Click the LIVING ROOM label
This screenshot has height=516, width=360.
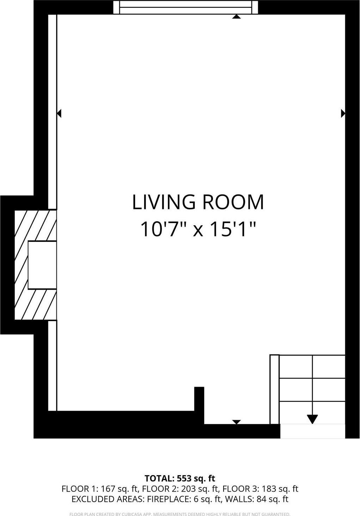[198, 202]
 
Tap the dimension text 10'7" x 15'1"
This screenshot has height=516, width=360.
[198, 229]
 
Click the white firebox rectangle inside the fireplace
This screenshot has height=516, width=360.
[42, 265]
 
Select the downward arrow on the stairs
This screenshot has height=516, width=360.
[312, 419]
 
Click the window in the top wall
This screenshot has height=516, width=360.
[185, 7]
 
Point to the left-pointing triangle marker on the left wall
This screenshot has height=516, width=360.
[59, 113]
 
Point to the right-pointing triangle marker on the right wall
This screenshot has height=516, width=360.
[343, 113]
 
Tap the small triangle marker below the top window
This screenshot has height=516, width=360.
[236, 17]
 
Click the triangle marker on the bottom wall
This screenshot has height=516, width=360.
[236, 422]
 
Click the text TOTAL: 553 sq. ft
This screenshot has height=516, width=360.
[180, 478]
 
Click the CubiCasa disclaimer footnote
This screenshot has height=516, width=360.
[180, 514]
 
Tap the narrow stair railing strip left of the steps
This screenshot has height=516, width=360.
[274, 389]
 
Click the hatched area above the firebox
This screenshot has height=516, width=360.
[35, 226]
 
